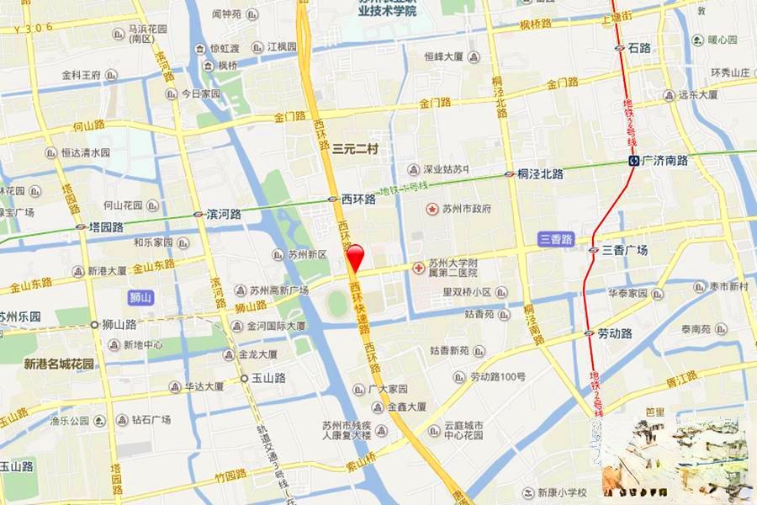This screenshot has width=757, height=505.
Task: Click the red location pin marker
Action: tap(355, 256)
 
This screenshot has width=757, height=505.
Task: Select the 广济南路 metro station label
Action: tap(664, 160)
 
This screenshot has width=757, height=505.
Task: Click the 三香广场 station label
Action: tap(624, 250)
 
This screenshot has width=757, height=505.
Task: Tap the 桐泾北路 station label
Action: tap(540, 173)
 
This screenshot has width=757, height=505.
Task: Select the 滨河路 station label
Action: tap(224, 215)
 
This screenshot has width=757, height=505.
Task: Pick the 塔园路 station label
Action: tap(106, 226)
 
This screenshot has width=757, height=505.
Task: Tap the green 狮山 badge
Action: tap(140, 297)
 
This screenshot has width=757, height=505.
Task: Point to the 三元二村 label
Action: tap(355, 149)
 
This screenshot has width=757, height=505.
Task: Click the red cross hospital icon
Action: tap(418, 268)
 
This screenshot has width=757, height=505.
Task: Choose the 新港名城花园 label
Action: tap(59, 364)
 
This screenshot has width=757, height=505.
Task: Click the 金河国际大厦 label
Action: tap(275, 326)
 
